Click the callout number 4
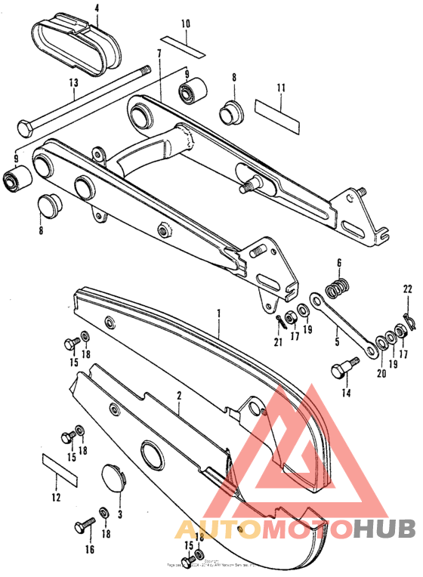click(x=97, y=9)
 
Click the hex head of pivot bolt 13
click(x=23, y=126)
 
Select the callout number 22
click(x=407, y=289)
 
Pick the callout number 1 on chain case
click(x=220, y=312)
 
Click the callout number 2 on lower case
click(x=179, y=395)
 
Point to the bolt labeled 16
click(x=82, y=524)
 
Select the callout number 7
click(x=159, y=53)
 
